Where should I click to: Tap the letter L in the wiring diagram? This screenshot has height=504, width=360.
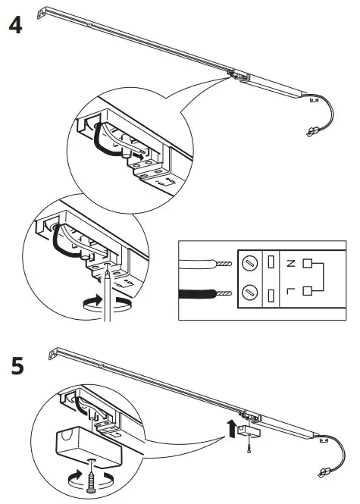pyautogui.click(x=290, y=291)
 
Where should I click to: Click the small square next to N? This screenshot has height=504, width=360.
pyautogui.click(x=308, y=264)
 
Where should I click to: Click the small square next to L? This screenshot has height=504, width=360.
pyautogui.click(x=308, y=291)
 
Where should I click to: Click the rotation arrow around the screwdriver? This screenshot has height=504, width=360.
pyautogui.click(x=103, y=302)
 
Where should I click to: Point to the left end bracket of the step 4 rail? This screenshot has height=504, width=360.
pyautogui.click(x=55, y=12)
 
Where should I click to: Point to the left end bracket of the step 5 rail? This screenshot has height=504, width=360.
pyautogui.click(x=55, y=352)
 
